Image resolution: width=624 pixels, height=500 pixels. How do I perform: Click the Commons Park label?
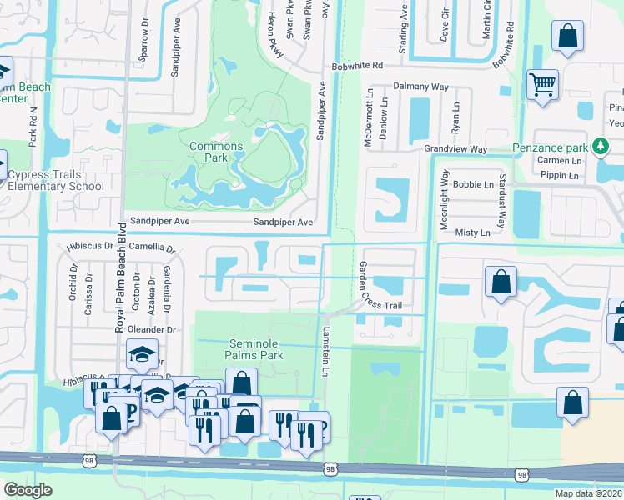216,152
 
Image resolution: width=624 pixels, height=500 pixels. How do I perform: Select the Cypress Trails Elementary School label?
56,180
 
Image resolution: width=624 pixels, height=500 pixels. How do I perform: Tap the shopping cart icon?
542,84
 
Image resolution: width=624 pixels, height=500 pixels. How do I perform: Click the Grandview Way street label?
455,149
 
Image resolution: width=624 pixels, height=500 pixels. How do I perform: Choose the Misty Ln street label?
473,232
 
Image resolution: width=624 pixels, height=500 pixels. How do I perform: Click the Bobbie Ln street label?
475,183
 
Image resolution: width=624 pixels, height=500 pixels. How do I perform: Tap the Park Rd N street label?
33,126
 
